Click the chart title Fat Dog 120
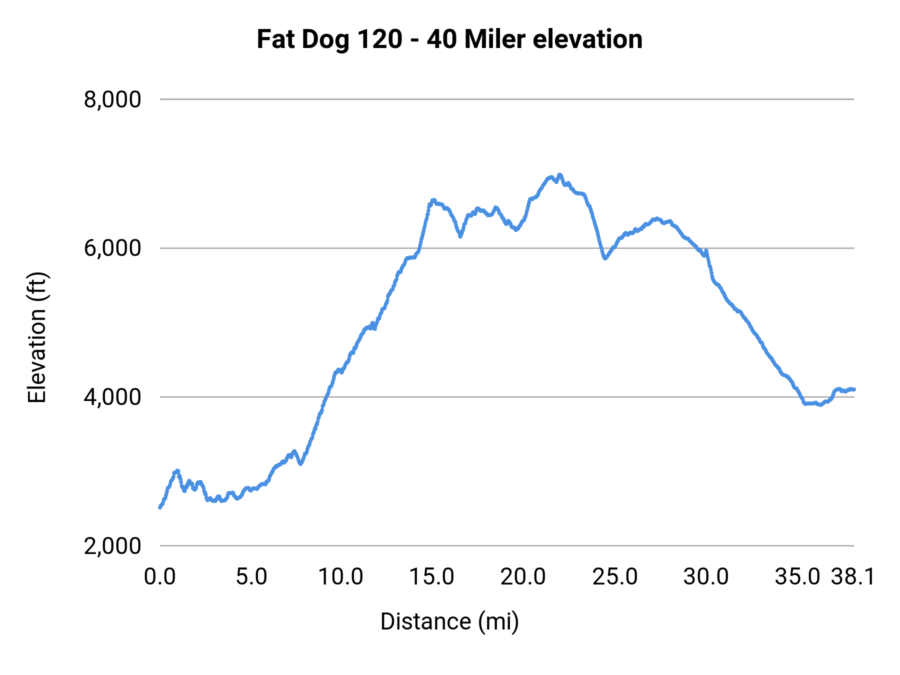click(x=449, y=39)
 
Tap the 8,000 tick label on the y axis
click(x=112, y=99)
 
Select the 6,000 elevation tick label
click(x=112, y=248)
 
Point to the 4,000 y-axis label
click(x=112, y=397)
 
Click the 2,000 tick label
click(x=112, y=546)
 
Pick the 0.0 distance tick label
click(x=160, y=577)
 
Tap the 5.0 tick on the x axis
click(x=251, y=577)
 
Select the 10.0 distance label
click(x=340, y=577)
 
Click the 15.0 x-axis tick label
click(x=432, y=577)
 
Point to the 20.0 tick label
click(x=523, y=577)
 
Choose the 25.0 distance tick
click(x=615, y=577)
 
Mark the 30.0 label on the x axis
click(x=706, y=577)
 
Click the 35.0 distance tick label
click(x=797, y=577)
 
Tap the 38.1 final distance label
click(x=853, y=577)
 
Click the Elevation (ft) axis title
click(x=37, y=337)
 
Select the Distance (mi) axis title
click(x=449, y=621)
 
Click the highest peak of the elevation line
click(x=559, y=174)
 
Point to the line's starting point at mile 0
click(x=160, y=507)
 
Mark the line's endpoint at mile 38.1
click(x=854, y=389)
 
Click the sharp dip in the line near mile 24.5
click(x=605, y=258)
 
